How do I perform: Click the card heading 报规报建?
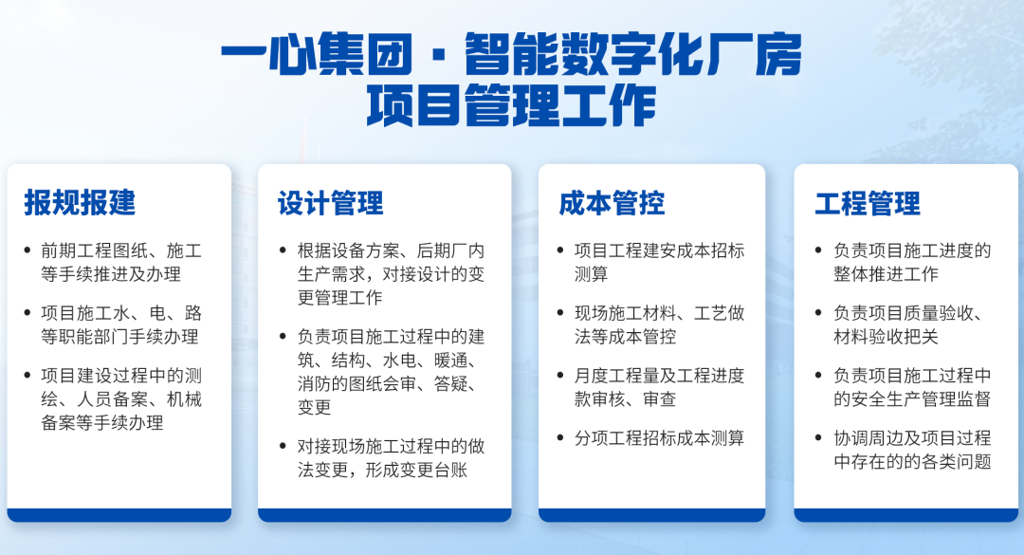point(80,203)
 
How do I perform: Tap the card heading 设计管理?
point(331,203)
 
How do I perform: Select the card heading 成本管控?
point(612,203)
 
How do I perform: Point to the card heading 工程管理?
point(868,203)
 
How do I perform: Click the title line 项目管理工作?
point(511,106)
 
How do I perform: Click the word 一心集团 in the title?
point(317,55)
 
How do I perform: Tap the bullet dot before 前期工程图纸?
point(27,250)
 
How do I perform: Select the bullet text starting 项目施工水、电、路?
point(121,324)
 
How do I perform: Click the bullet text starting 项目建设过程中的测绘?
point(121,398)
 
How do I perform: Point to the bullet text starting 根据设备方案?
point(392,274)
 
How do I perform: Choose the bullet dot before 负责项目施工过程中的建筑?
point(283,337)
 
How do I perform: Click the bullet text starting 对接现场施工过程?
point(392,458)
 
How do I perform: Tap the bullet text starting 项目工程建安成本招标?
point(660,262)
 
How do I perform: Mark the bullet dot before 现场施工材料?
point(560,313)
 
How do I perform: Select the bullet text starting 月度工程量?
point(660,387)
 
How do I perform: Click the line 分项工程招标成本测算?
point(660,438)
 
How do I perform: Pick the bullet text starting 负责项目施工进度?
point(912,262)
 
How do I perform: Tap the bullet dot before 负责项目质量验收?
point(818,313)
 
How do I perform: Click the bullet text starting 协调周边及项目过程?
point(912,450)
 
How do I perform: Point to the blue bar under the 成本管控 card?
point(651,515)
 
